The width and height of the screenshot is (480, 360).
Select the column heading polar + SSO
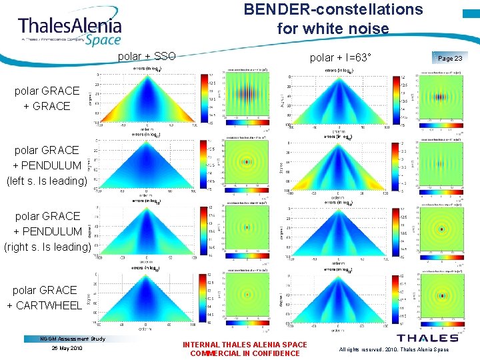point(147,57)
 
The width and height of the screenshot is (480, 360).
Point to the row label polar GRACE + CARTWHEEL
point(44,298)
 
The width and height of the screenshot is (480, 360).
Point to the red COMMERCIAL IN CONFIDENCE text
point(245,353)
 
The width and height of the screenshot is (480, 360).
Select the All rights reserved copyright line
point(393,349)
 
